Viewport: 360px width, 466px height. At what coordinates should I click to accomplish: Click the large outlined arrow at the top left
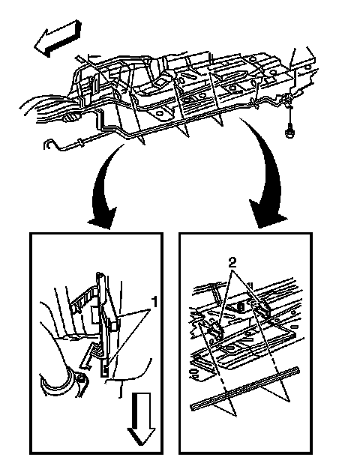click(x=57, y=38)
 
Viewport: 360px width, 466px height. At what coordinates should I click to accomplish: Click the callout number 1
click(x=154, y=302)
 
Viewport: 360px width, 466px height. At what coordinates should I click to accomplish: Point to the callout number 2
click(x=232, y=263)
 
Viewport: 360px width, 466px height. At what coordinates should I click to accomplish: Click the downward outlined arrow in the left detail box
click(x=141, y=419)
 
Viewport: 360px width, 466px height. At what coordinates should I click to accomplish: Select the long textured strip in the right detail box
click(x=244, y=388)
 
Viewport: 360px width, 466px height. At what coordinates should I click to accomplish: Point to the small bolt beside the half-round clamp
click(x=81, y=378)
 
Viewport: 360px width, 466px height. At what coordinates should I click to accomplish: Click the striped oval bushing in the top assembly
click(x=70, y=118)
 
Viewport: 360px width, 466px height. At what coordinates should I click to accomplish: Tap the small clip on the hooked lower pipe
click(x=79, y=142)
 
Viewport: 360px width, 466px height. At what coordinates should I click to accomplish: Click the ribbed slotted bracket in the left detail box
click(x=83, y=300)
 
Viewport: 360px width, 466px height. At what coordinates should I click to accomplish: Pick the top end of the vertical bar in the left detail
click(x=100, y=274)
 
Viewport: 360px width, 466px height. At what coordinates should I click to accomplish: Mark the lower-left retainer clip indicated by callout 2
click(x=216, y=330)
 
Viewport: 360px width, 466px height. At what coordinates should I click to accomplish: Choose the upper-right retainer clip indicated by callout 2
click(x=262, y=308)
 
